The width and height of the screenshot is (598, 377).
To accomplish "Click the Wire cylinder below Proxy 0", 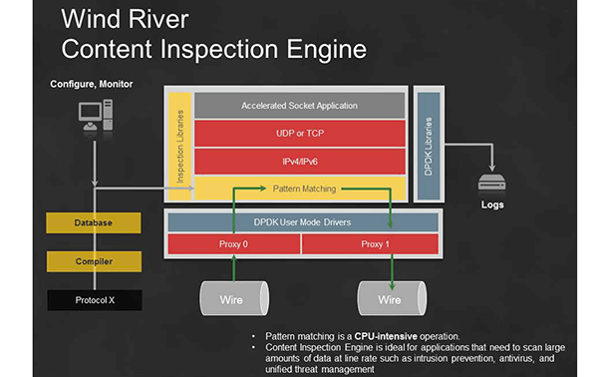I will [x=233, y=298].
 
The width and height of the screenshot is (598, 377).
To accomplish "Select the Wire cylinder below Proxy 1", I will [x=388, y=298].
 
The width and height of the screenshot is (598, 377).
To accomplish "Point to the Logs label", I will [x=492, y=205].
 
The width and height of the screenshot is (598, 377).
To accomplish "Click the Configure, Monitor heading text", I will [x=91, y=84].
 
